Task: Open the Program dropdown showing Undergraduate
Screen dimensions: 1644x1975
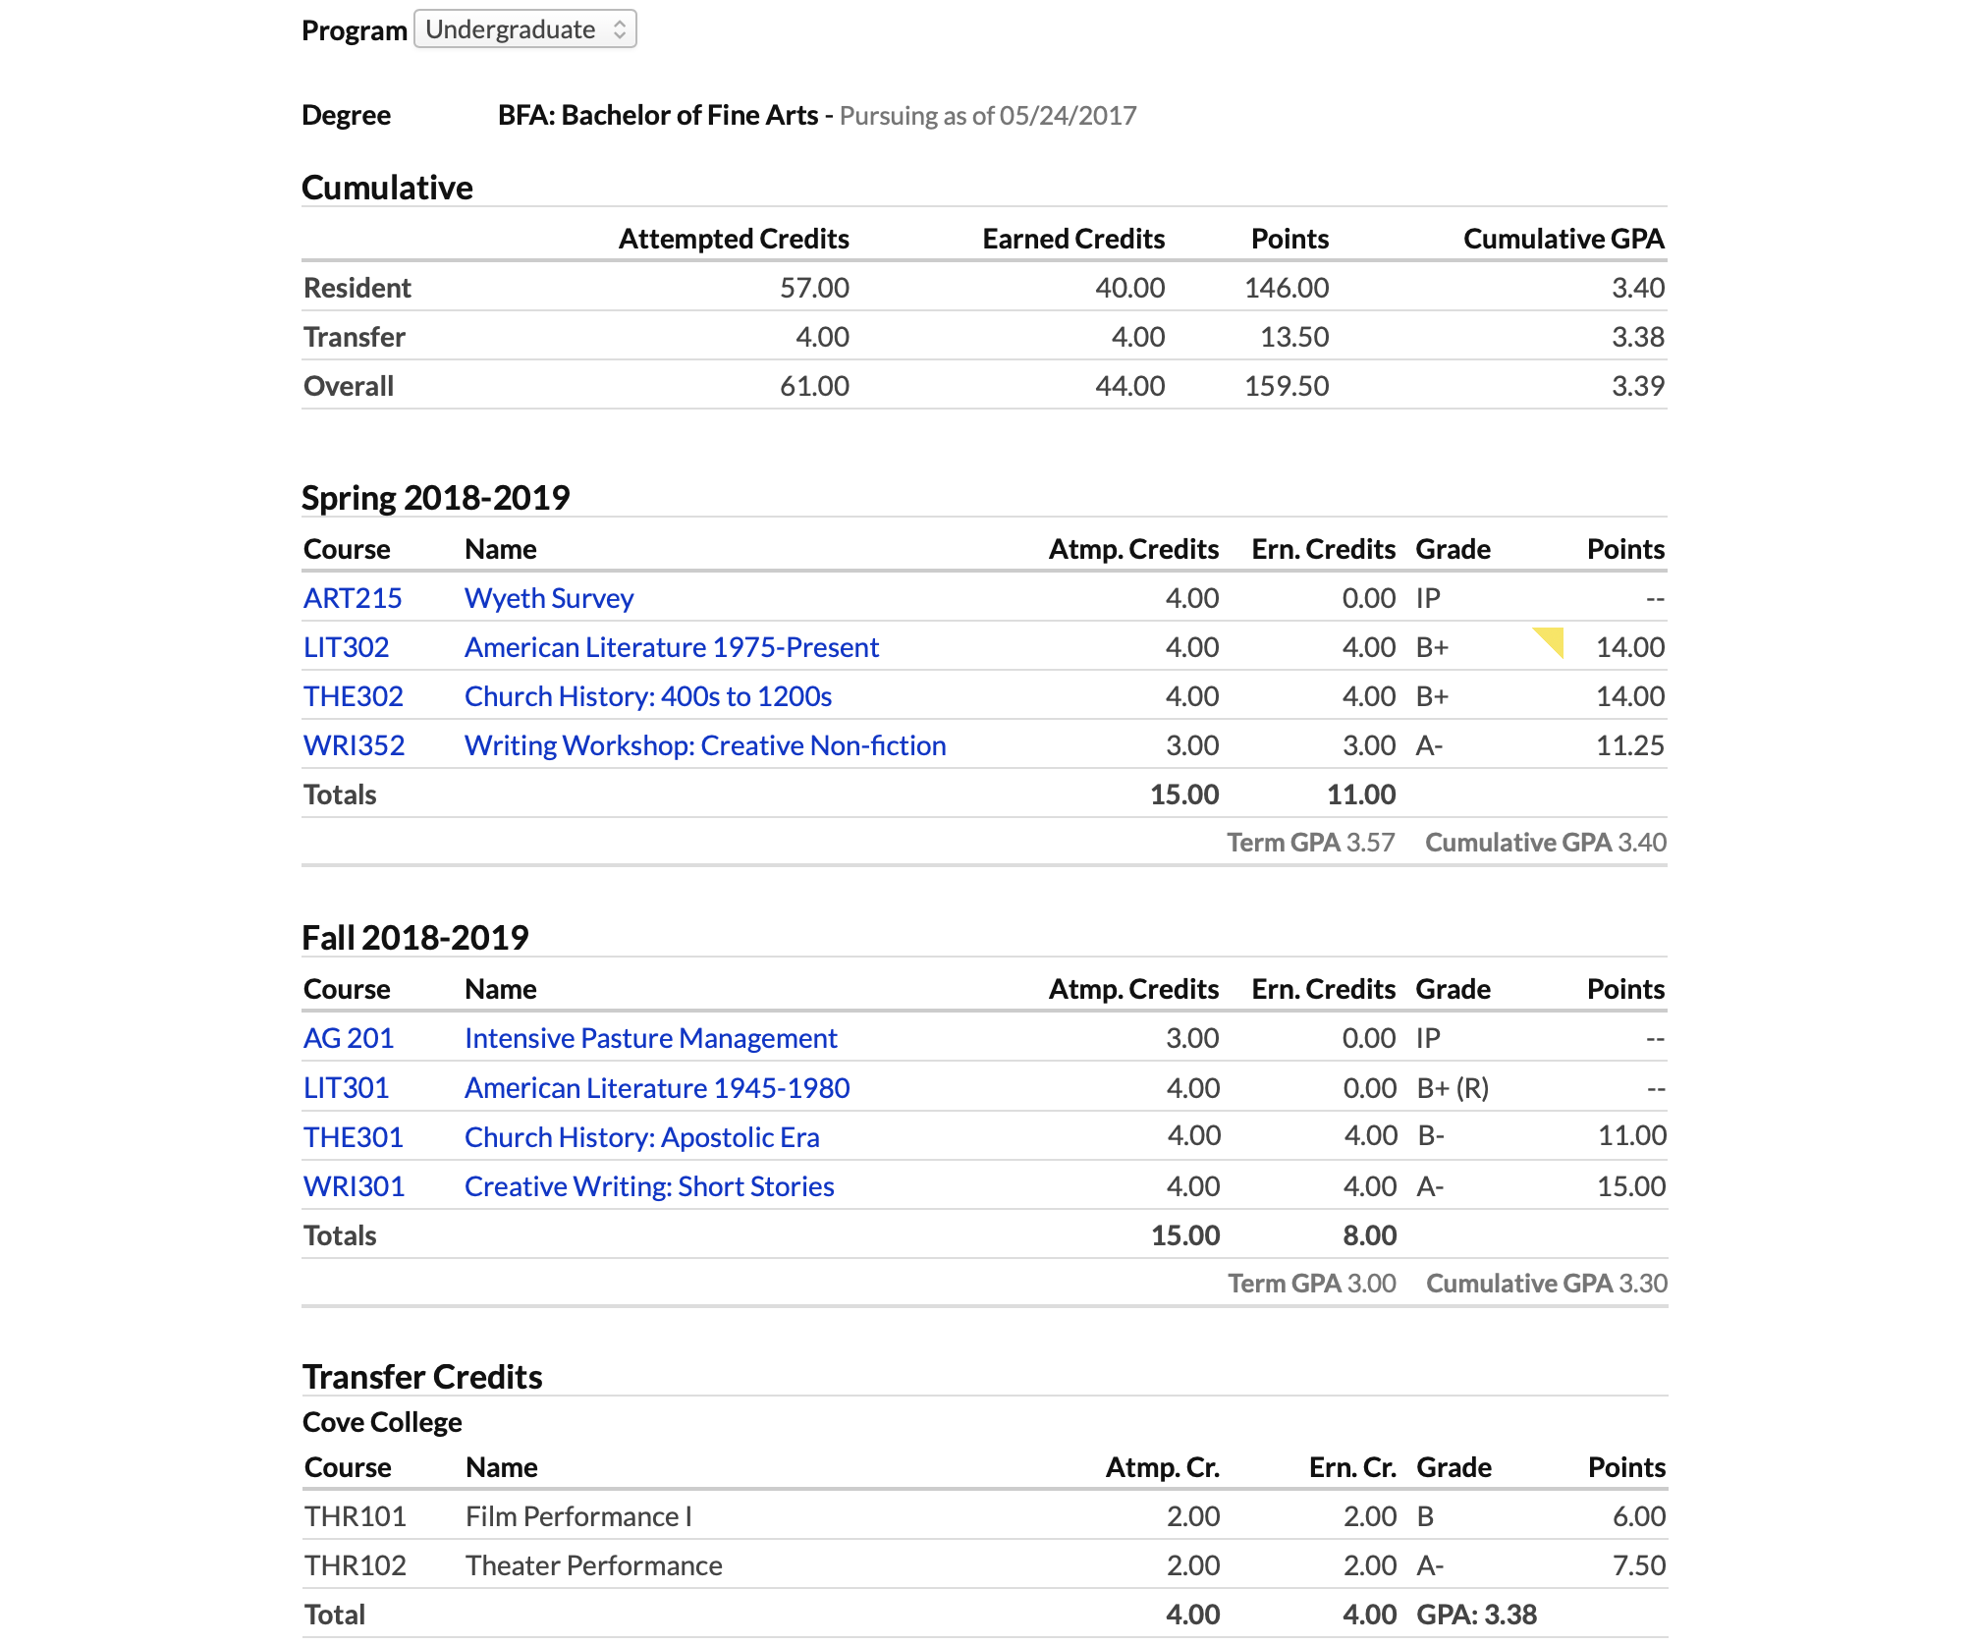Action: click(x=525, y=29)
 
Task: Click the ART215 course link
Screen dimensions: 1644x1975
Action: click(x=353, y=598)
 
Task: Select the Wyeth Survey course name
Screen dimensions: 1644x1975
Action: click(x=549, y=598)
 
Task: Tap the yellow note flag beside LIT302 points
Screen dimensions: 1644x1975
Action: click(x=1551, y=640)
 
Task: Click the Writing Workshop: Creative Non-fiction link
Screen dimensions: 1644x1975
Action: click(x=705, y=745)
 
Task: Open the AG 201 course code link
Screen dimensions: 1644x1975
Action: click(x=349, y=1038)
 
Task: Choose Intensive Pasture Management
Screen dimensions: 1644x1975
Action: click(x=651, y=1038)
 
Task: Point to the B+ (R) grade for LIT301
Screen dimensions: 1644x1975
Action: click(x=1453, y=1088)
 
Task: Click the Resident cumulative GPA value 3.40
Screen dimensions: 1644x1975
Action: click(x=1637, y=288)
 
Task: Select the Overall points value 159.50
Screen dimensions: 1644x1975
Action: click(x=1287, y=386)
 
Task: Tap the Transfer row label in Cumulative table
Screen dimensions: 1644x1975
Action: click(x=355, y=337)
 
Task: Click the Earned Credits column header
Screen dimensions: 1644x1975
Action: click(x=1073, y=239)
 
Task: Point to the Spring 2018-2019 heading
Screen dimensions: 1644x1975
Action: click(x=435, y=498)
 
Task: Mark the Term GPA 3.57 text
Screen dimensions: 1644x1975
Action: click(x=1311, y=843)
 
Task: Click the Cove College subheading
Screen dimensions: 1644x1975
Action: click(x=382, y=1422)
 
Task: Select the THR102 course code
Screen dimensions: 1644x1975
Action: click(x=356, y=1565)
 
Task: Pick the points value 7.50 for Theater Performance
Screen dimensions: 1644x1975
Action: click(x=1638, y=1565)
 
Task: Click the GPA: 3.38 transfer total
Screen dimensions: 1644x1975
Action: click(x=1476, y=1615)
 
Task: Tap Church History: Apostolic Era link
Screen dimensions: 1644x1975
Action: click(x=642, y=1137)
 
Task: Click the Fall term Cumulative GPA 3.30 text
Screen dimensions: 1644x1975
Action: click(x=1547, y=1284)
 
